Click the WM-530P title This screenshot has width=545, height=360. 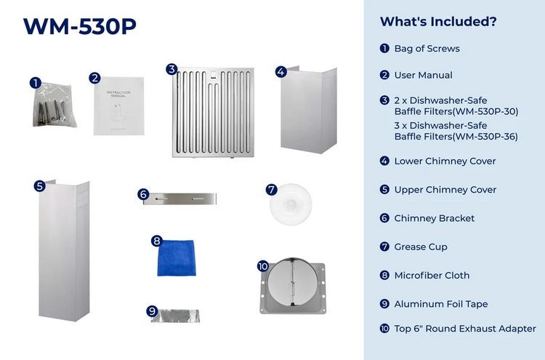pos(80,25)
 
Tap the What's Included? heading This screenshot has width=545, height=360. pos(438,22)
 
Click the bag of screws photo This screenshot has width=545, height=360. pos(54,105)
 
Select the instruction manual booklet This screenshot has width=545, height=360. pos(119,105)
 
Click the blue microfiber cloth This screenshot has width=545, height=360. pos(177,258)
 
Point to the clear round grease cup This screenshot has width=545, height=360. pos(291,204)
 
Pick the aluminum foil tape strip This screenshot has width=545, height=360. pos(176,316)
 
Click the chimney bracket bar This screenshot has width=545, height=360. pos(179,199)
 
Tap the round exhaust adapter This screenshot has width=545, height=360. pos(293,286)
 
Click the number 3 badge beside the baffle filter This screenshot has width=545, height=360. pos(171,69)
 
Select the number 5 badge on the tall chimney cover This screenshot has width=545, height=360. pos(40,186)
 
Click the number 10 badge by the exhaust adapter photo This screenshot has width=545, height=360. pos(263,266)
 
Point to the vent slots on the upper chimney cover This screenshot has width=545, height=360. pos(83,200)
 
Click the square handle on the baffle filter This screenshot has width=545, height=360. pos(213,75)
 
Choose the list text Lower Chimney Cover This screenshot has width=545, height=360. pos(445,161)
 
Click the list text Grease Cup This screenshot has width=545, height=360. pos(421,247)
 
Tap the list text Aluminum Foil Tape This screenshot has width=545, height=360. pos(441,304)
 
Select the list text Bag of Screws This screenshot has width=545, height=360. pos(427,49)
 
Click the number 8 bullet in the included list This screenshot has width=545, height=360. pos(384,275)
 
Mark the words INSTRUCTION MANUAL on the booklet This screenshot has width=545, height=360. pos(118,94)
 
